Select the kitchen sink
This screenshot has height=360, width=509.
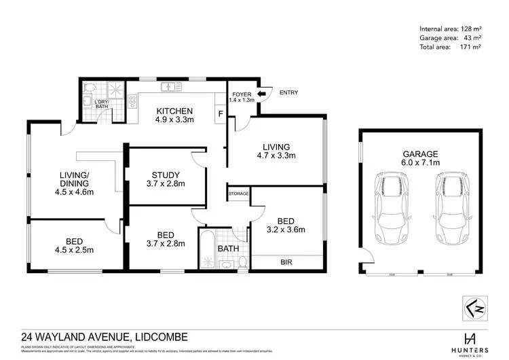[168, 88]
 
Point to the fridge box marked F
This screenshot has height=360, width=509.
[220, 114]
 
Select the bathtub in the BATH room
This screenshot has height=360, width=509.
[206, 249]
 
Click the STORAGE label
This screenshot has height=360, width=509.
[239, 194]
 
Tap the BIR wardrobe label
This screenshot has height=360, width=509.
[286, 261]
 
